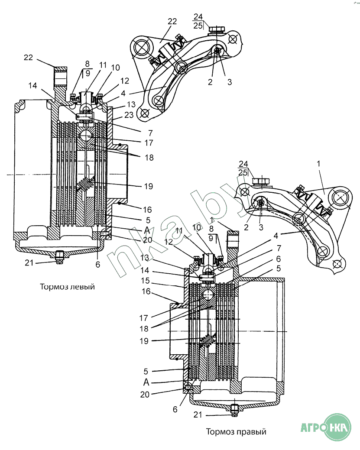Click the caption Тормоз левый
click(67, 287)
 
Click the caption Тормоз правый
click(236, 432)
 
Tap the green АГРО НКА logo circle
click(339, 428)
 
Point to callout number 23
click(129, 115)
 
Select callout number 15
click(145, 280)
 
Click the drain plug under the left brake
click(59, 257)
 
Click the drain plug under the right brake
click(234, 410)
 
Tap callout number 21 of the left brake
click(29, 263)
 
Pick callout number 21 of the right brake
click(198, 414)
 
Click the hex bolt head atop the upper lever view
click(217, 29)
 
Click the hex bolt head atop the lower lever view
click(261, 181)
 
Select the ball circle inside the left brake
click(86, 135)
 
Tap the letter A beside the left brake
click(147, 230)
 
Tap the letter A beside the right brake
click(146, 382)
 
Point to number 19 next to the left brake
click(149, 186)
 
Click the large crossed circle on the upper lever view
click(142, 48)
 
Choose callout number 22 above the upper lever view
click(172, 22)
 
